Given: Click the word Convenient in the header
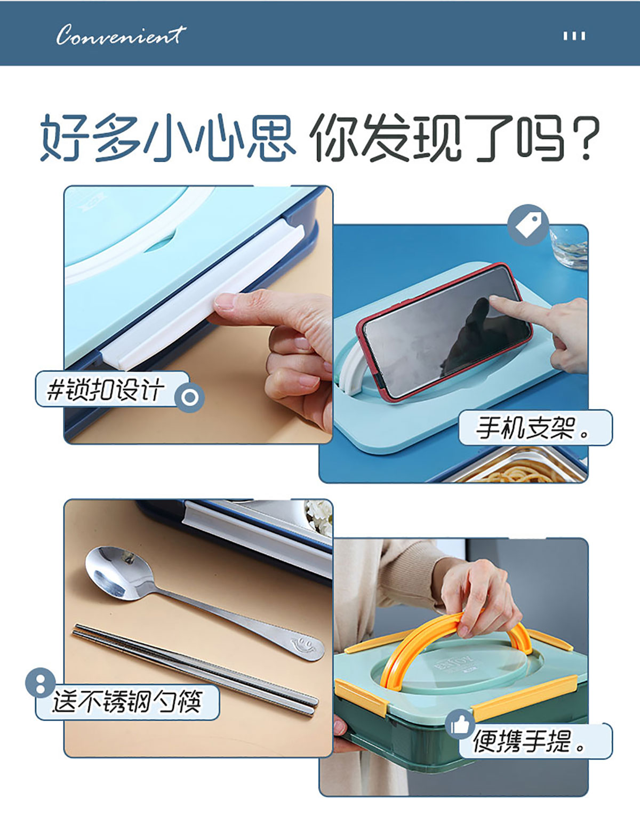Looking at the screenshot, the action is click(x=121, y=35).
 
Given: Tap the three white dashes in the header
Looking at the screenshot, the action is click(x=574, y=36).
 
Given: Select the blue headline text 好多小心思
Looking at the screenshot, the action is click(x=168, y=137).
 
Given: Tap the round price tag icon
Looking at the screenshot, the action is click(x=528, y=225).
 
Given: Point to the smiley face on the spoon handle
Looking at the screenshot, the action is click(x=303, y=644).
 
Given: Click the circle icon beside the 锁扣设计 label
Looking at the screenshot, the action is click(x=189, y=397).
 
